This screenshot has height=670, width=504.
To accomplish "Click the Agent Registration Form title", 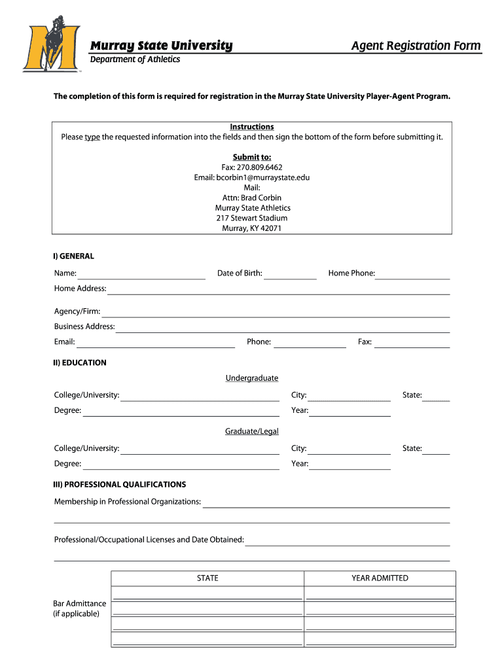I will (x=416, y=46).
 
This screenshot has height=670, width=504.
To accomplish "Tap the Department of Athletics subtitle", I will (x=135, y=60).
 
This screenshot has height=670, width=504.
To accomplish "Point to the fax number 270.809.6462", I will (x=251, y=167).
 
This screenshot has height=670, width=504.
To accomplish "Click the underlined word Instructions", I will (x=252, y=127).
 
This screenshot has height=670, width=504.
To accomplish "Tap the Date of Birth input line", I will (x=290, y=275).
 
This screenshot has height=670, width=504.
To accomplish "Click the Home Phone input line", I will (x=412, y=275).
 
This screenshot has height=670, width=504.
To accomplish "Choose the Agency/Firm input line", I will (x=276, y=313).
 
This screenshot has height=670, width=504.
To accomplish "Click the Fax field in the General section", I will (x=412, y=343).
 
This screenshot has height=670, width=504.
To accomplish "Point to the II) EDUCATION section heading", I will (x=80, y=362).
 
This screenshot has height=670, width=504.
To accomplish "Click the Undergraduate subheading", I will (x=252, y=378).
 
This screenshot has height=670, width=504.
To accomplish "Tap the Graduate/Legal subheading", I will (x=252, y=431).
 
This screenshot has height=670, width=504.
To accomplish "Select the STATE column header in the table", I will (x=207, y=578).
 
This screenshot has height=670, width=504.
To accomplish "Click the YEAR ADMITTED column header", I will (x=380, y=578).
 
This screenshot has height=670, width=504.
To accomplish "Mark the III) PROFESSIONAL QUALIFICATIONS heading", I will (x=120, y=485).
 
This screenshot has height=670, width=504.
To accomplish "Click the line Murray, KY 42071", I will (x=252, y=228).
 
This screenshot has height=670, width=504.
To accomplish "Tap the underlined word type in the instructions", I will (x=92, y=137).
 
